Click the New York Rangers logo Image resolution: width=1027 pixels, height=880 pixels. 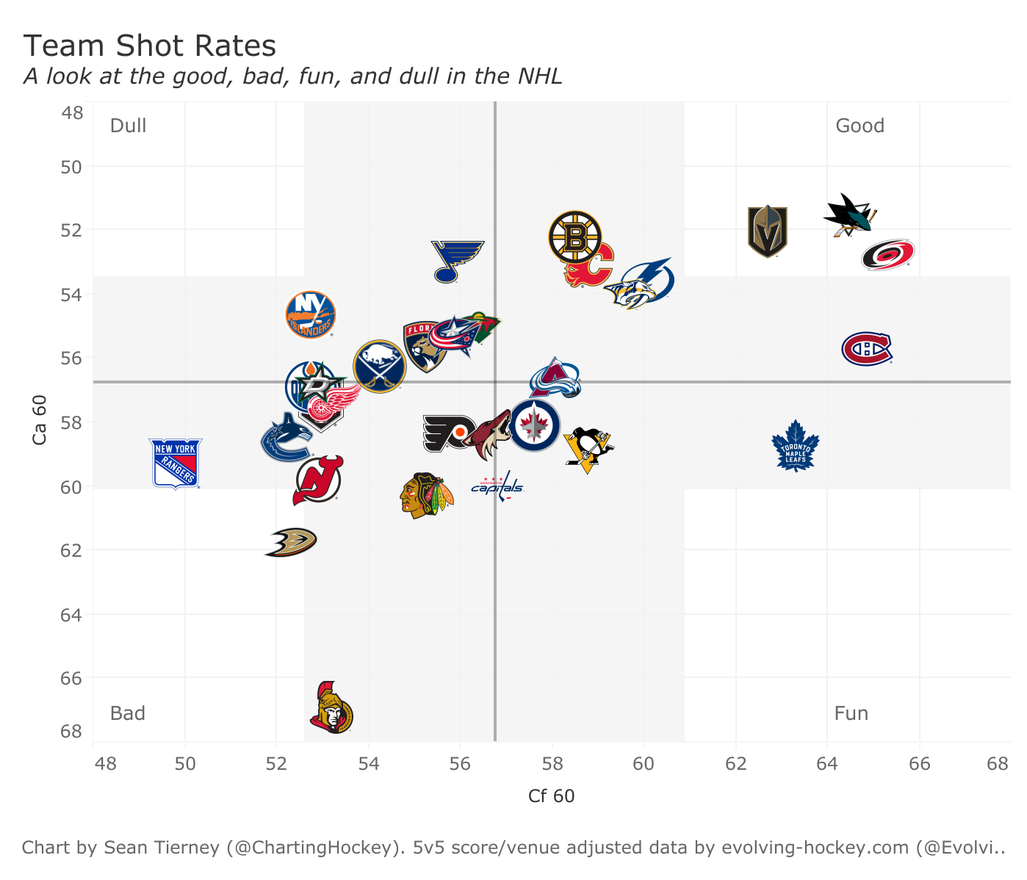[176, 464]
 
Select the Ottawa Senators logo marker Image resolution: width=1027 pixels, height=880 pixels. [331, 708]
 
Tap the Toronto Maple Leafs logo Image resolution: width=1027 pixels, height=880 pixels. [795, 446]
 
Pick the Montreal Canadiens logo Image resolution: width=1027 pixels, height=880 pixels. [867, 348]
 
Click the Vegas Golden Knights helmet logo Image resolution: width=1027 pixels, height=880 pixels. [767, 231]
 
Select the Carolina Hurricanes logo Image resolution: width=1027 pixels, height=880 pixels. [887, 255]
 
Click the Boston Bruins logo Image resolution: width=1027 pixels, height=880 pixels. [575, 237]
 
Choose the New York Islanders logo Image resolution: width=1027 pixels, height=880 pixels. [311, 314]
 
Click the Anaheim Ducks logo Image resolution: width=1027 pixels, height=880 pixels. [291, 543]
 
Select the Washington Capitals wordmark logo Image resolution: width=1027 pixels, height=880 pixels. [497, 486]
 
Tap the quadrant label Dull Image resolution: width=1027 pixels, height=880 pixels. [128, 126]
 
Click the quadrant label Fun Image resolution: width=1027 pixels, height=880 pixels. [851, 713]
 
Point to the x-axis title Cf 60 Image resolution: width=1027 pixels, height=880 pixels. [551, 796]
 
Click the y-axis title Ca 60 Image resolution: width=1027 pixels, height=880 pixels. [40, 419]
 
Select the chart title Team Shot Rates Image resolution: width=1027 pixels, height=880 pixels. [150, 46]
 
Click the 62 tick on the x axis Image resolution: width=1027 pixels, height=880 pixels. [735, 763]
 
